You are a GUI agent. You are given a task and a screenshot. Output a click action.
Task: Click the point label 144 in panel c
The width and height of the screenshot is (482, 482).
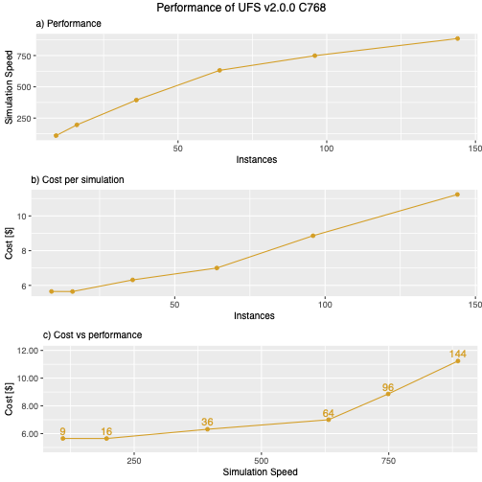coord(457,355)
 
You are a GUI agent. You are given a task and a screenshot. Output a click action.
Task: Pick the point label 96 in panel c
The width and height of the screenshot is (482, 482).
coord(388,387)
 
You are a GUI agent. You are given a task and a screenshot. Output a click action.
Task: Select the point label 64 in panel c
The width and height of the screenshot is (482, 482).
coord(328,413)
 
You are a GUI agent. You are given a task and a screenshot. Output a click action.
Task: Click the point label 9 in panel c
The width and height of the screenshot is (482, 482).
coord(62,431)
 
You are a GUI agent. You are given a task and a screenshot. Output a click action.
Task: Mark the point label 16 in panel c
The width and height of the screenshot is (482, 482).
coord(106,431)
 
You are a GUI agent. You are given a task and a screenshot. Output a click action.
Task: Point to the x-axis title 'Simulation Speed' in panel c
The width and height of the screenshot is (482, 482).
coord(260,471)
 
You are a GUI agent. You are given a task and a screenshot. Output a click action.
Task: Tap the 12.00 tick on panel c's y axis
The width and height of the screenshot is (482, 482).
coord(28,351)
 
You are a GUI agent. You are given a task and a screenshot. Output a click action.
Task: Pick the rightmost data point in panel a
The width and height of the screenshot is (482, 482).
coord(457,38)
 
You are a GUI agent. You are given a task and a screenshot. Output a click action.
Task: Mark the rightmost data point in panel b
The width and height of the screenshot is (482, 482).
coord(457,195)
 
